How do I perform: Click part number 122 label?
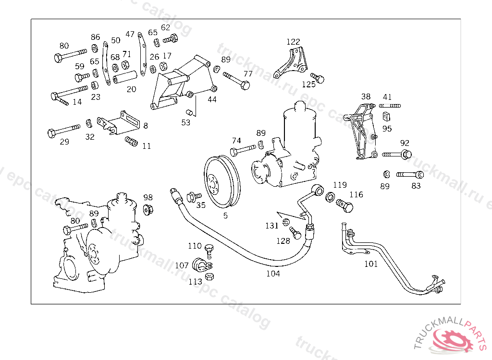(293, 42)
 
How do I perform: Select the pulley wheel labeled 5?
(222, 181)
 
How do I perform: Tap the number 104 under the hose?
(273, 274)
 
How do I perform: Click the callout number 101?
(370, 264)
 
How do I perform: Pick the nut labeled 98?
(148, 209)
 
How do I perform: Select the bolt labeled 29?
(64, 130)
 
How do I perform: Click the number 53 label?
(185, 122)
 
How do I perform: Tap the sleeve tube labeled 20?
(125, 77)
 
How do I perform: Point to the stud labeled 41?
(390, 106)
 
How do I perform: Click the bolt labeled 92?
(397, 154)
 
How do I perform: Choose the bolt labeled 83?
(410, 174)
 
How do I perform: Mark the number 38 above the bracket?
(366, 96)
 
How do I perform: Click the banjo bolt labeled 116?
(344, 205)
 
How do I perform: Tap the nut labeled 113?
(209, 276)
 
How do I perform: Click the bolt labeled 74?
(243, 150)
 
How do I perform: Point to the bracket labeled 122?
(291, 63)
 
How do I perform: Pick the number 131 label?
(272, 226)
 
